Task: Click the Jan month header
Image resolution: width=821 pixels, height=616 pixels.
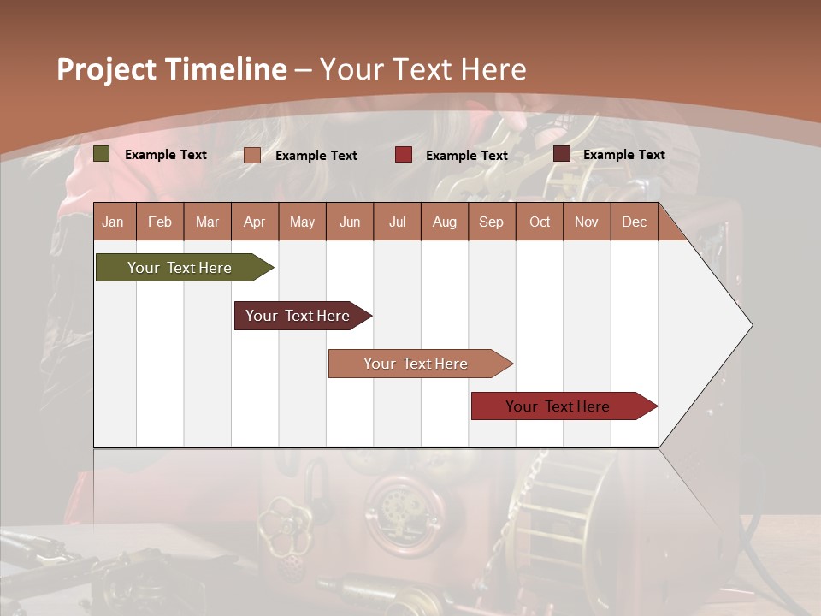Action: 113,222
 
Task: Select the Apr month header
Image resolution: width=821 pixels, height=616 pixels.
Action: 254,222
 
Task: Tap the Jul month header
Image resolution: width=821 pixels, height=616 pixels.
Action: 397,222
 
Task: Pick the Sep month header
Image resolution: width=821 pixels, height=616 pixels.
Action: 491,222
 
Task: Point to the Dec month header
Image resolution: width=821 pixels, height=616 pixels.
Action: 634,222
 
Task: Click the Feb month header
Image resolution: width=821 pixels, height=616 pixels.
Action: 160,222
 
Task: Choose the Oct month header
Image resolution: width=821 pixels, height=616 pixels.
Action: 540,222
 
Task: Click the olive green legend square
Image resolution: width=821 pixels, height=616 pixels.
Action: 102,154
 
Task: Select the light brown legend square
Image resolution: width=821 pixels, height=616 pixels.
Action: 252,155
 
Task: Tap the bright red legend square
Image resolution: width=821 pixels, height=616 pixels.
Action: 404,155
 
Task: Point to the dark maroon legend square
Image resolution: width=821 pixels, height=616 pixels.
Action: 562,154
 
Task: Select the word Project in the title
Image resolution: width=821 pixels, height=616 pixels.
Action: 107,69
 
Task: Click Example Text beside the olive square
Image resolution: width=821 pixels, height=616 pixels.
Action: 166,155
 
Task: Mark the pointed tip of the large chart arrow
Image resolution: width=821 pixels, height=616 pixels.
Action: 751,325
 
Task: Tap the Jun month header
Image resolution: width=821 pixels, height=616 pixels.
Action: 350,222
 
